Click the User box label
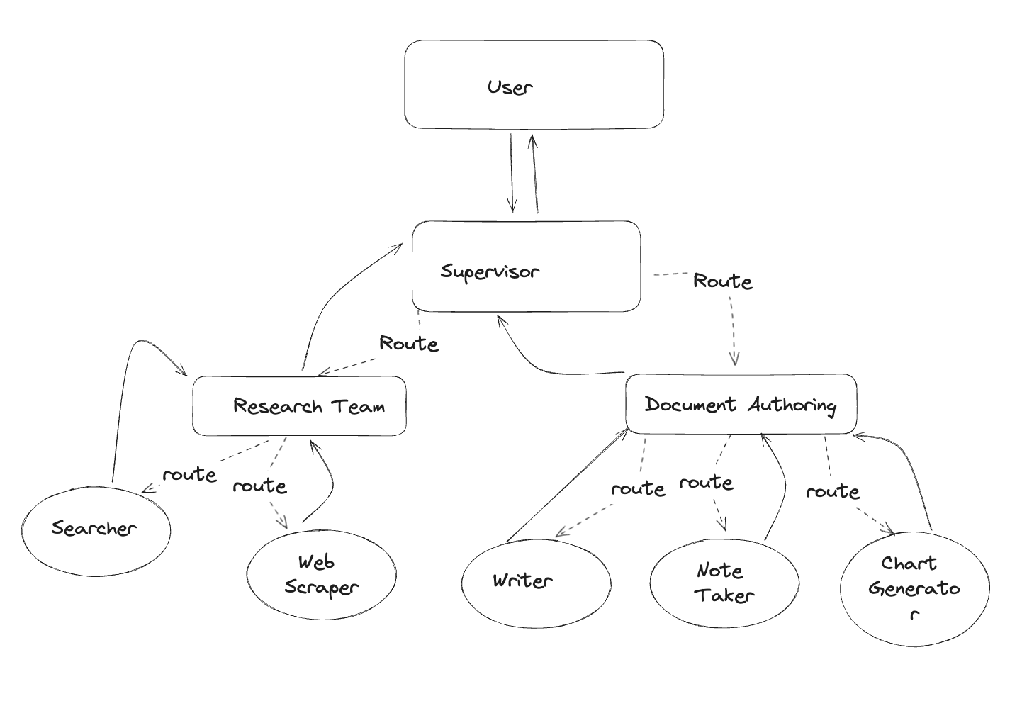pos(510,87)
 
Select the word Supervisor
pos(490,271)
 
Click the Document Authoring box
pos(741,405)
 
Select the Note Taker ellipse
pos(724,583)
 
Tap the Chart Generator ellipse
pos(914,588)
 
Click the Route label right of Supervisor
pos(722,281)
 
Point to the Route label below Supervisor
pos(409,344)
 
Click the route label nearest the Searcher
pos(189,474)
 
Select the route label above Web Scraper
pos(259,486)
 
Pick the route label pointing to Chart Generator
pos(833,491)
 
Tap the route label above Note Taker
pos(706,483)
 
